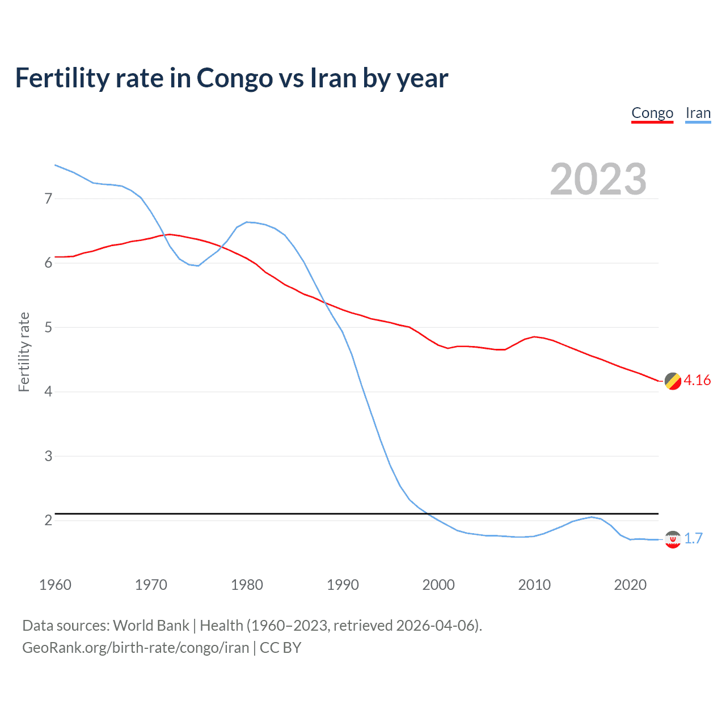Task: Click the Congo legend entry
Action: click(652, 113)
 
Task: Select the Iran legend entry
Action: click(698, 113)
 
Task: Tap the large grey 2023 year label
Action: click(598, 179)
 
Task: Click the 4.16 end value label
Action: click(697, 380)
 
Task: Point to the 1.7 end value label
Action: click(693, 538)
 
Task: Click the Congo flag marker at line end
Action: click(673, 381)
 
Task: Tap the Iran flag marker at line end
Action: click(673, 539)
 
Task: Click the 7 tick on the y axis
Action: click(48, 199)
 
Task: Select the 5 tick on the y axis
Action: click(48, 327)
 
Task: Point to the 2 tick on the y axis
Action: click(48, 520)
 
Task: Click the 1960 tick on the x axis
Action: click(55, 585)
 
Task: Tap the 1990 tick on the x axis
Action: click(343, 585)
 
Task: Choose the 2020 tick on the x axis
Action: click(630, 585)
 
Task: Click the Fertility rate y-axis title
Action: click(24, 352)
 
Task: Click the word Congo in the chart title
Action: click(234, 78)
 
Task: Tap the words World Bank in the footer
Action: click(151, 626)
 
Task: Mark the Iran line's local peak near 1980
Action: click(247, 222)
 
